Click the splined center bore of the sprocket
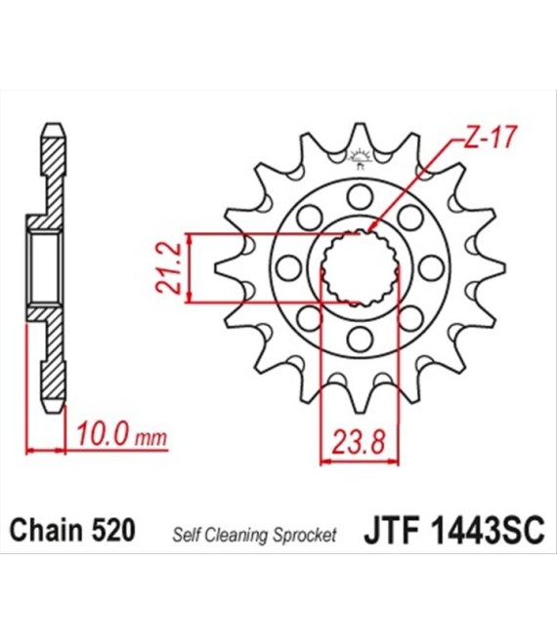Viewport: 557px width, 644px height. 360,268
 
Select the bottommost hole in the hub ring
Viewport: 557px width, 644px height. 360,340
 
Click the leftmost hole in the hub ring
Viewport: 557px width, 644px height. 287,268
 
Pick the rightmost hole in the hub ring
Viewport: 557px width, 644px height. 432,268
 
